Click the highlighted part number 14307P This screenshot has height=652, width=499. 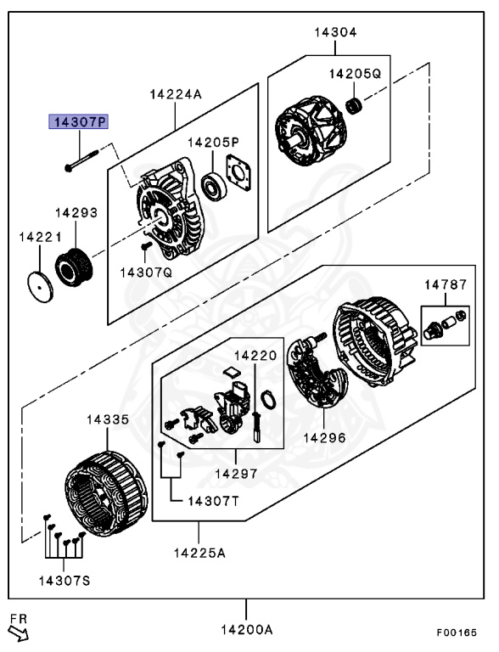79,122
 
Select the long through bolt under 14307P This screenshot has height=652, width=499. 81,160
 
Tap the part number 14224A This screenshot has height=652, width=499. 176,94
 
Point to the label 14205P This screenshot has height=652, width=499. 213,143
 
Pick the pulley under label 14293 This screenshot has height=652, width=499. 74,267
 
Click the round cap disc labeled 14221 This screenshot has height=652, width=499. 41,287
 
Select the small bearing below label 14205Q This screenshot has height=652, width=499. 354,106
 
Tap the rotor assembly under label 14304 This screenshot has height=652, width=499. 311,131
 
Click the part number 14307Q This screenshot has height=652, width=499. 146,273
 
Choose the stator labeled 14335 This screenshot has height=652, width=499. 106,493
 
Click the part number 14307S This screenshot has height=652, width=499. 64,581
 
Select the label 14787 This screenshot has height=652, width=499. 446,285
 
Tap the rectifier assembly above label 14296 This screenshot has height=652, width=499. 319,371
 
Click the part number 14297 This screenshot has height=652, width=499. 236,473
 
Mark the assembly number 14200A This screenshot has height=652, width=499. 247,630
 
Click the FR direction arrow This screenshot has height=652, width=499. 20,632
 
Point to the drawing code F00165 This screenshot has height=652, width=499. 457,632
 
